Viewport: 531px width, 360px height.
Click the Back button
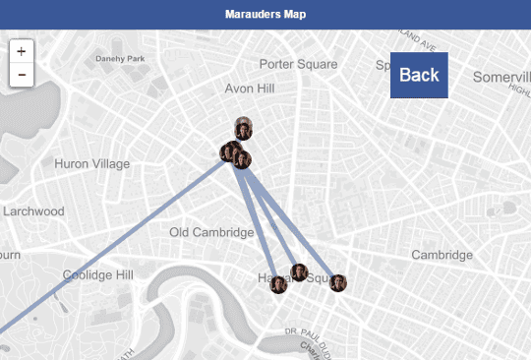[419, 75]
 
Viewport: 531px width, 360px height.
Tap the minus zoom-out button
[22, 74]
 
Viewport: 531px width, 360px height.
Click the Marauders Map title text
[265, 15]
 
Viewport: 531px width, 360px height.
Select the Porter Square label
[298, 64]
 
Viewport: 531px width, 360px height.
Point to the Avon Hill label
[250, 89]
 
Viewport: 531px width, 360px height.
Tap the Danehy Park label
[119, 59]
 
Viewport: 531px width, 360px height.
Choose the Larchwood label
[33, 211]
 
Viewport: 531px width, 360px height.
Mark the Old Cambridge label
[211, 232]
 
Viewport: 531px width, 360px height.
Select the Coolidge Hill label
[97, 275]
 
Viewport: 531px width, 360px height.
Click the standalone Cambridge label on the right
[442, 255]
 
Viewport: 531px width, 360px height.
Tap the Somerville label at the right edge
[501, 77]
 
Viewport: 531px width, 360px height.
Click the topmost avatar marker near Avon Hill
[243, 126]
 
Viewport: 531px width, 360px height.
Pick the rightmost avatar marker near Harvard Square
[338, 283]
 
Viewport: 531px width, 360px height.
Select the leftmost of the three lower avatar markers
[279, 285]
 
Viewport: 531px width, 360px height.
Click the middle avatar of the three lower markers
[300, 271]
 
